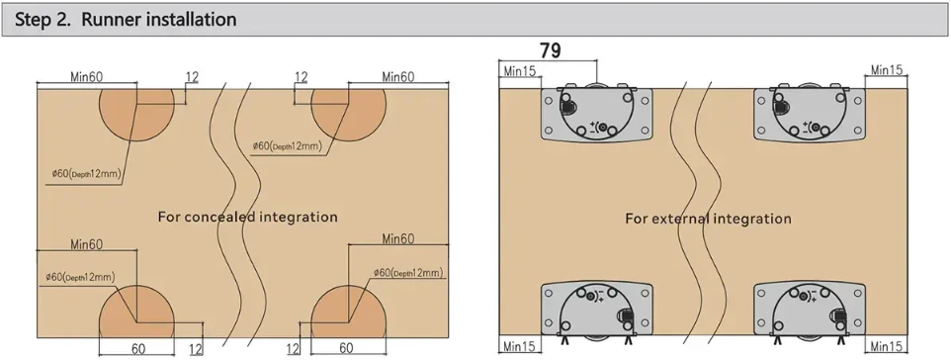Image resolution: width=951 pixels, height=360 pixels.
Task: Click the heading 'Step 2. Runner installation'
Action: coord(126,20)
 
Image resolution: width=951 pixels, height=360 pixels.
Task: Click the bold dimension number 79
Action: coord(550,50)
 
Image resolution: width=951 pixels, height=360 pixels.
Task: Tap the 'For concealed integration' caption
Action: coord(247,217)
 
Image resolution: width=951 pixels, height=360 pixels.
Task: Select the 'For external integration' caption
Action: coord(708,219)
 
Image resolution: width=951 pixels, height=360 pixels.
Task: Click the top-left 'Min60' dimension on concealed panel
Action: coord(87,76)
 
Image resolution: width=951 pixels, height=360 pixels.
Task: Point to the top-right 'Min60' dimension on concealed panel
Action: coord(397,76)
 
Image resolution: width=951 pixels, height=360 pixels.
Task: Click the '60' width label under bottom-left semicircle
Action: coord(138,348)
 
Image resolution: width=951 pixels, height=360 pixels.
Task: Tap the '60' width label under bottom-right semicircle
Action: coord(346,348)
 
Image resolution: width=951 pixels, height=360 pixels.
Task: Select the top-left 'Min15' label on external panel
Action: coord(519,71)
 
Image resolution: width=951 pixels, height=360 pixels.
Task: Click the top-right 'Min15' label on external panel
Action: coord(888,70)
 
